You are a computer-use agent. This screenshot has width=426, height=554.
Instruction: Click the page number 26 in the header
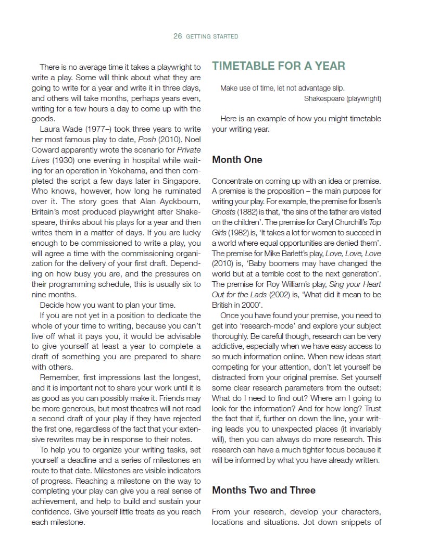coord(178,36)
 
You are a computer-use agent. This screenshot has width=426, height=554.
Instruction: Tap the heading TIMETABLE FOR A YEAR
coord(278,66)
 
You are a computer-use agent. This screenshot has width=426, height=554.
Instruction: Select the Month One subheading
coord(237,160)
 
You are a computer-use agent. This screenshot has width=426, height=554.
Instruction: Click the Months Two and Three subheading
coord(264,490)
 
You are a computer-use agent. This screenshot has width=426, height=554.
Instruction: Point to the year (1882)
coord(250,212)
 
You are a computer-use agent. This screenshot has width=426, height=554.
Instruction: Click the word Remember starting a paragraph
coord(60,377)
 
